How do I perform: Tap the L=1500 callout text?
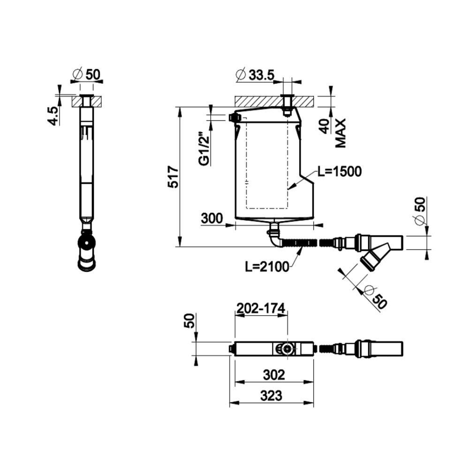pos(340,172)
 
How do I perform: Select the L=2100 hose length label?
pos(267,266)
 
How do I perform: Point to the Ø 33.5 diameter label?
pos(255,75)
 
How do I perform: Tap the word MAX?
pos(340,133)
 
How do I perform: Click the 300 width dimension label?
pos(212,219)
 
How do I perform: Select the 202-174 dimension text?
pos(261,309)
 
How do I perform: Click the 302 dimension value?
pos(274,375)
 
